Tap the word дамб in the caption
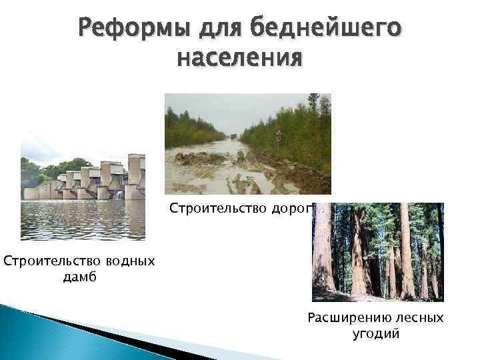(79, 277)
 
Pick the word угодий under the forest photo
(375, 334)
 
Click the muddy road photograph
(247, 143)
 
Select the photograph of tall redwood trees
(377, 252)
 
